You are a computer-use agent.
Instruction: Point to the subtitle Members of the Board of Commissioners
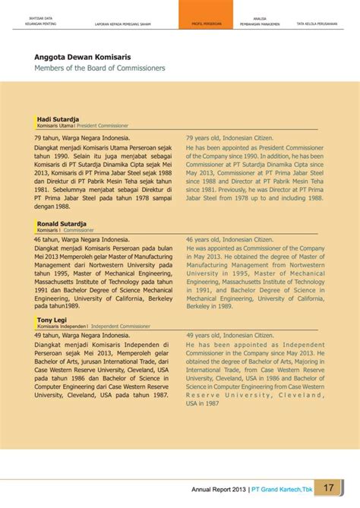(x=99, y=68)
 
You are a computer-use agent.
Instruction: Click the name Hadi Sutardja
(x=58, y=119)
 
